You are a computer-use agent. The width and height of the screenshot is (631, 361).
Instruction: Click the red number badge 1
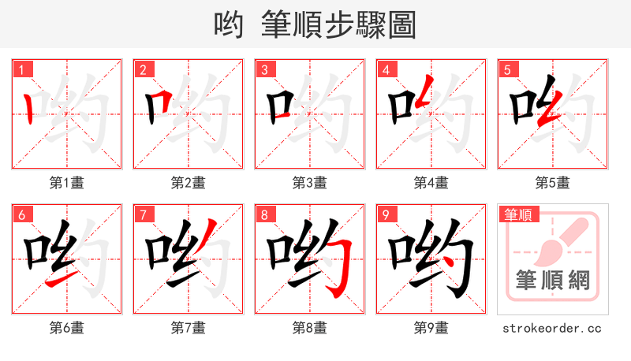pyautogui.click(x=21, y=70)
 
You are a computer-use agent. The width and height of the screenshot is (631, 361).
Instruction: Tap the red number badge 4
pyautogui.click(x=386, y=70)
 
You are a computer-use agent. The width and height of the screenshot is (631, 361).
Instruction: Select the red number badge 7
pyautogui.click(x=143, y=215)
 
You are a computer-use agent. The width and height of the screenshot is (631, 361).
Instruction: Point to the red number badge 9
pyautogui.click(x=386, y=215)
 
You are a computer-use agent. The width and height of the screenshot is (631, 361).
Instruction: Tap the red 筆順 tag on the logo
pyautogui.click(x=517, y=214)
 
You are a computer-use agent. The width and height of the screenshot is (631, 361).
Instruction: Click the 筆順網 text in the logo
pyautogui.click(x=552, y=280)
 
